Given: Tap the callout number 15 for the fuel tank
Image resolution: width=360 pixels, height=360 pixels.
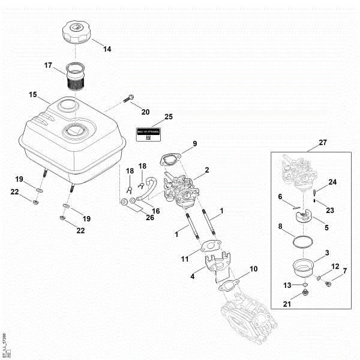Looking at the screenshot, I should coord(33,95).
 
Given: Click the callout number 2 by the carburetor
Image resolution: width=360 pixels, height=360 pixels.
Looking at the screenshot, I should coord(207,171).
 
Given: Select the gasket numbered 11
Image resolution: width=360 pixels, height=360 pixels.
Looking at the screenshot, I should coord(211,247).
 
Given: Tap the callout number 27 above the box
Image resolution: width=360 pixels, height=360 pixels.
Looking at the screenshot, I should coord(323,143).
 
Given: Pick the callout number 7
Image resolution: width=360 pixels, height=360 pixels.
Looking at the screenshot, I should coord(344,271).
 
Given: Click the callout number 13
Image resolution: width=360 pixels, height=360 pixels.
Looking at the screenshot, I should coord(287,284).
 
